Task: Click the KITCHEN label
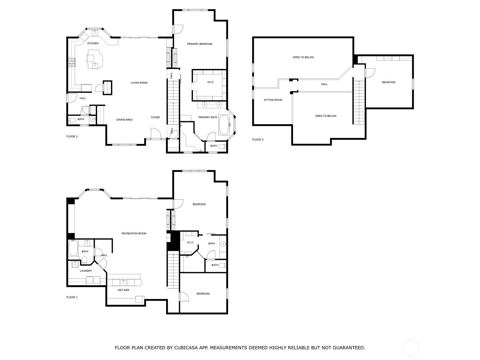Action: click(x=93, y=43)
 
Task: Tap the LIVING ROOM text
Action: click(x=139, y=82)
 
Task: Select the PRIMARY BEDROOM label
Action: click(x=200, y=44)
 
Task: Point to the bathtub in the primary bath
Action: click(x=224, y=125)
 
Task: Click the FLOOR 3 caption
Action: click(x=258, y=139)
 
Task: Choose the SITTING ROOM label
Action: click(x=273, y=100)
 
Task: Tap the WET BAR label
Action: click(x=123, y=290)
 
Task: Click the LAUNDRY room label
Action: click(x=86, y=271)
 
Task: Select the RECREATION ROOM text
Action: click(x=134, y=233)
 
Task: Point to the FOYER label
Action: click(x=155, y=117)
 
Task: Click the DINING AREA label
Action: click(x=124, y=120)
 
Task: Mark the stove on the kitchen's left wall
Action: click(x=72, y=62)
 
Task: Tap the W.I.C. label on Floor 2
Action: click(x=211, y=82)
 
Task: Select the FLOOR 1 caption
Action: click(x=72, y=297)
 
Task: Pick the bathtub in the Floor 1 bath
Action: click(x=73, y=248)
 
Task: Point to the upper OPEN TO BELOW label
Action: click(x=303, y=57)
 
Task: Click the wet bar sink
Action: click(x=124, y=283)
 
